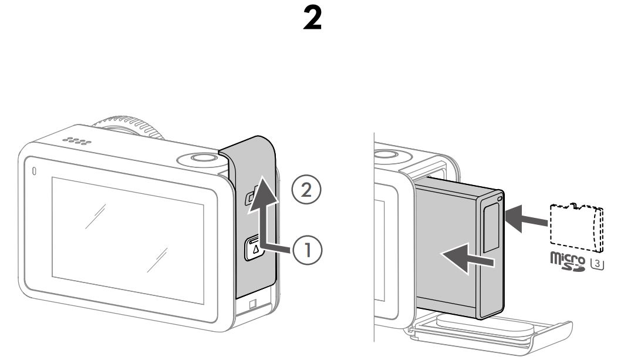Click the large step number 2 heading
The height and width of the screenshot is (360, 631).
point(312,18)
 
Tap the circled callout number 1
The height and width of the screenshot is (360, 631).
point(307,250)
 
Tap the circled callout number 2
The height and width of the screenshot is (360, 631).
point(306,189)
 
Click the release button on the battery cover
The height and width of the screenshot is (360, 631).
point(254,248)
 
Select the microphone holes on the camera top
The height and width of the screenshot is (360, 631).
point(76,141)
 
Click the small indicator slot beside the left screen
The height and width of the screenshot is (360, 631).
point(34,171)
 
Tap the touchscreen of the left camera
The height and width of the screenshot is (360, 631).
point(128,240)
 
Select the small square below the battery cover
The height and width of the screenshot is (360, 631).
point(253,304)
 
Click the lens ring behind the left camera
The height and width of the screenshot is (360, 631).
point(128,127)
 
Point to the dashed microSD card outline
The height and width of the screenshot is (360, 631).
point(576,227)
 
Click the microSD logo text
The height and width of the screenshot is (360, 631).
point(568,261)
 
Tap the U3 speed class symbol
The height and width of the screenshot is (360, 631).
point(597,263)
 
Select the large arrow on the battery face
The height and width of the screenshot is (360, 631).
point(467,258)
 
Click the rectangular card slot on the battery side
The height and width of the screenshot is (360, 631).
point(491,227)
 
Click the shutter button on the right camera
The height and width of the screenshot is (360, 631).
point(386,154)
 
